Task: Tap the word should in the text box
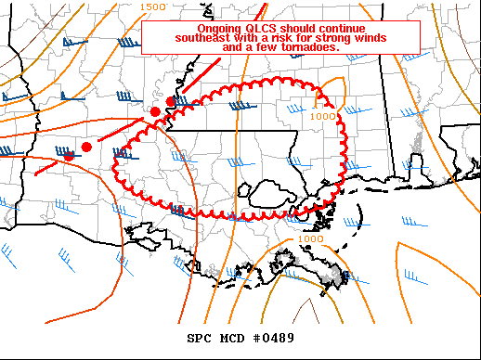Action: tap(297, 29)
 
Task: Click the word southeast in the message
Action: tap(200, 38)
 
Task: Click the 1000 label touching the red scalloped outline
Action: tap(323, 116)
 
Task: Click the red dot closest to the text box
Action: tap(170, 101)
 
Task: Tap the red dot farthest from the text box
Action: tap(68, 156)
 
